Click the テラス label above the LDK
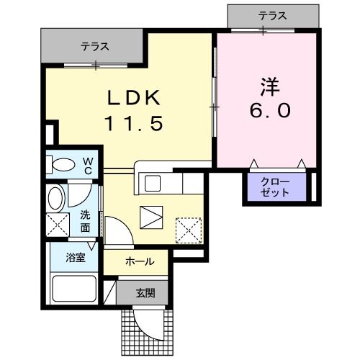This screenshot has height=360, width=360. tap(94, 47)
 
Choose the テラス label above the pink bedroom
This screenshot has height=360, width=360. tap(271, 14)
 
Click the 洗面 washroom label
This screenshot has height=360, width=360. tap(85, 219)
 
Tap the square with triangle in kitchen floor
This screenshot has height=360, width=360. tap(151, 215)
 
